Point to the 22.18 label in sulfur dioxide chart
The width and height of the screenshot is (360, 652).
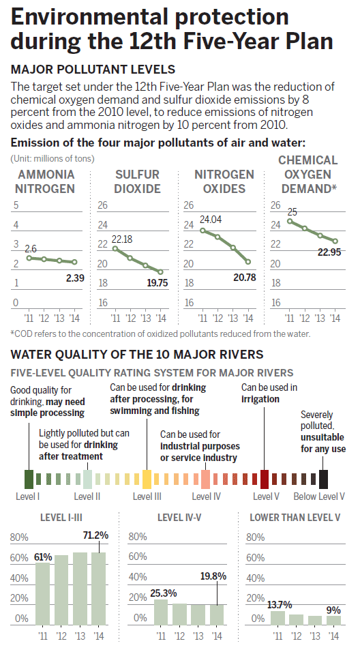pos(123,239)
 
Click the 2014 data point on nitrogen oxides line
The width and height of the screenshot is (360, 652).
pos(248,262)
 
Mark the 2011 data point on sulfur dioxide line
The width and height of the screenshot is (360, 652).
pos(114,248)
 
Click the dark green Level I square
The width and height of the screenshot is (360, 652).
pos(29,478)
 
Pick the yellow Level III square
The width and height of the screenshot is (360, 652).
pos(147,478)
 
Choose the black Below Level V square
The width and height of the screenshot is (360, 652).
pos(324,478)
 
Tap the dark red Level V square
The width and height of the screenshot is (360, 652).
pos(265,478)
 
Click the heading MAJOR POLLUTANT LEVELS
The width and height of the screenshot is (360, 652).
pos(93,70)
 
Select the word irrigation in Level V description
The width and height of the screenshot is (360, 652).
pos(260,399)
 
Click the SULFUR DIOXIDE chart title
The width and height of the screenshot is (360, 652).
pos(137,181)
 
